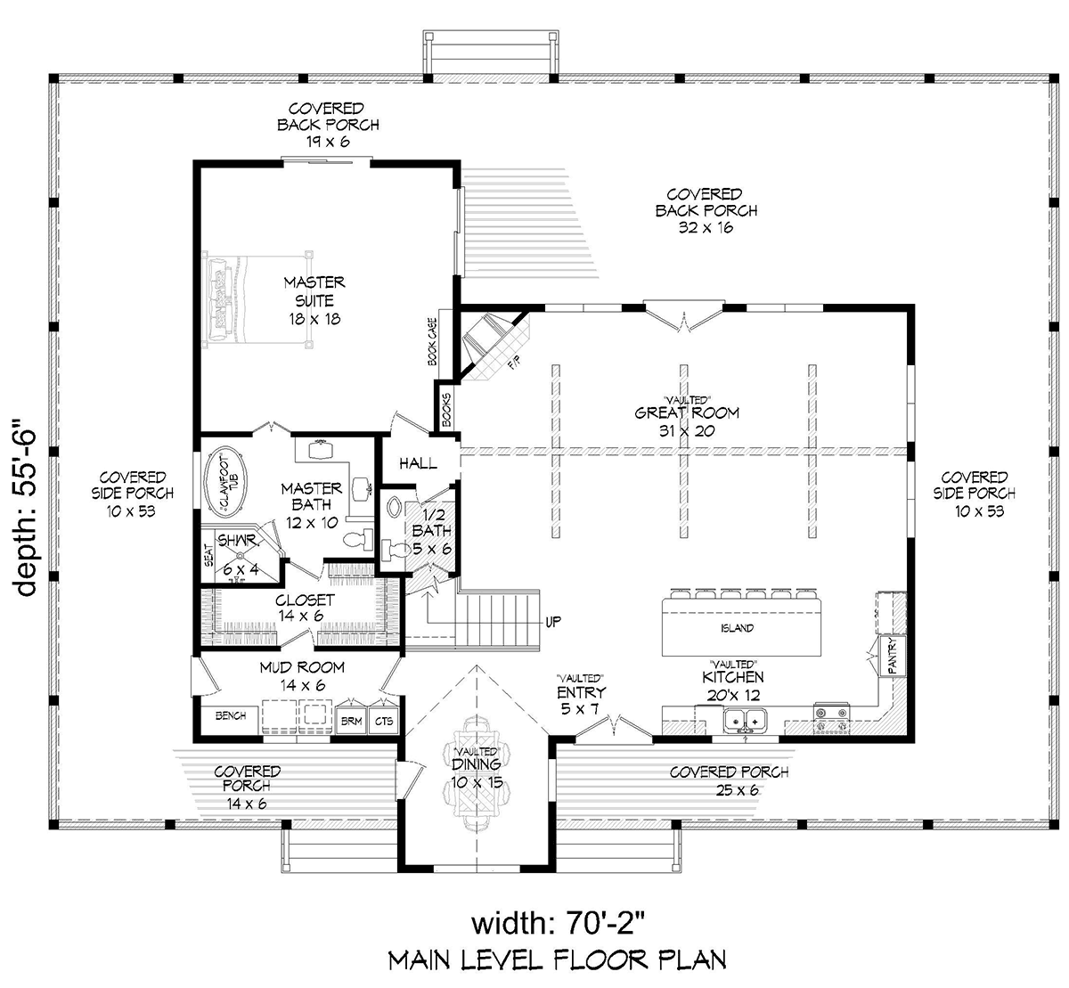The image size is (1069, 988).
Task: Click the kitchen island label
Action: tap(737, 628)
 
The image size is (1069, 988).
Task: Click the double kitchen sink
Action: tap(746, 718)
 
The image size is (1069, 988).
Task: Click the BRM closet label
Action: tap(351, 721)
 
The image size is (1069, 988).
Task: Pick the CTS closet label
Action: tap(384, 721)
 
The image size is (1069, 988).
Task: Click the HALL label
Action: tap(417, 463)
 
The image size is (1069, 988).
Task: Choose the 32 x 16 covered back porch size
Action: tap(706, 228)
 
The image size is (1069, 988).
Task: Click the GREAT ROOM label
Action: tap(687, 412)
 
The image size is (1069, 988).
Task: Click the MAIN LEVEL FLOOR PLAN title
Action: tap(557, 959)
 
